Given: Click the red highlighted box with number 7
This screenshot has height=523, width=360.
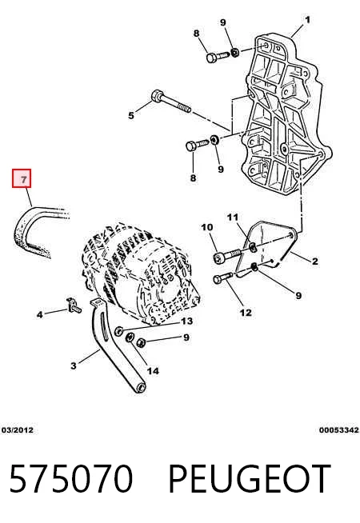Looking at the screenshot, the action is (22, 178).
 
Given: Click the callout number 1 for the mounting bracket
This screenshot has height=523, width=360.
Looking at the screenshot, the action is (307, 20).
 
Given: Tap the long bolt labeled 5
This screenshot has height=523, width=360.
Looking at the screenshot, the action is (170, 102).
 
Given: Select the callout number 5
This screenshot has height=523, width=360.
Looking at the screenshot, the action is (131, 115).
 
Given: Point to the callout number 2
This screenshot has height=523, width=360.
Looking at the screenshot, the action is (314, 261).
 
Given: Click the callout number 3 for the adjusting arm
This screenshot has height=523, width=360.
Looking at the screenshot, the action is (74, 365).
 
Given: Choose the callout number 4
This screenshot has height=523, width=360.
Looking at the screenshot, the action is (40, 314).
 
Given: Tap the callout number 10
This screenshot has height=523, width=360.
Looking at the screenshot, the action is (207, 227).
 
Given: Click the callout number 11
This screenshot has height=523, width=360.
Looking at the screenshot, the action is (233, 218).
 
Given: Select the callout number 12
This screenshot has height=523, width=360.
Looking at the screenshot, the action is (246, 313).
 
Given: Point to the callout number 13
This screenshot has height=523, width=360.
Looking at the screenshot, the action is (187, 321).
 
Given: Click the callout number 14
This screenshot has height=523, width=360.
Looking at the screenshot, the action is (153, 370).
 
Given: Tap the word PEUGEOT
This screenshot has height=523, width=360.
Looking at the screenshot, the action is (250, 478).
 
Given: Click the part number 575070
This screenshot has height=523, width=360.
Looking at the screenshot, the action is (71, 478).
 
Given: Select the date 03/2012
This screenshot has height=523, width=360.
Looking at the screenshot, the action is (18, 430).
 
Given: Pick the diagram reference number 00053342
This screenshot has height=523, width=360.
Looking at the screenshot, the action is (339, 430).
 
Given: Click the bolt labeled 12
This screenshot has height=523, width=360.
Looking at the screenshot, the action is (223, 277).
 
